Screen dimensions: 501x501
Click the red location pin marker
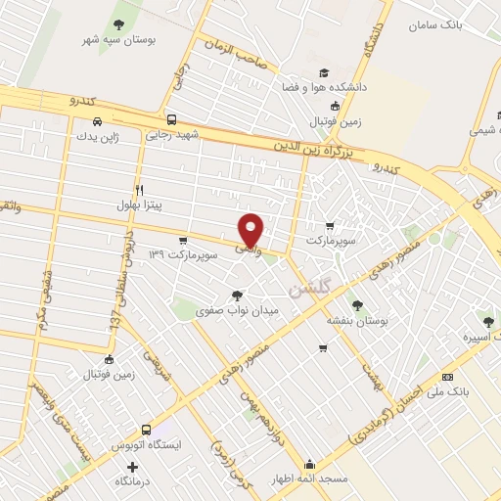click(251, 230)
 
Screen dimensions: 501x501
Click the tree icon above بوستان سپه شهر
click(119, 24)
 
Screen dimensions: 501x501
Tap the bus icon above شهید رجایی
click(172, 119)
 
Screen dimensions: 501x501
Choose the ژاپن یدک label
click(95, 136)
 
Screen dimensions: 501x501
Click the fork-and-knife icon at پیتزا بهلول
click(139, 190)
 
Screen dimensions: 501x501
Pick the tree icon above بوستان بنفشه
click(357, 304)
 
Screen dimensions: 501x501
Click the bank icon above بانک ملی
click(448, 377)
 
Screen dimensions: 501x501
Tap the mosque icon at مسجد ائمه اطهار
click(310, 464)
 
